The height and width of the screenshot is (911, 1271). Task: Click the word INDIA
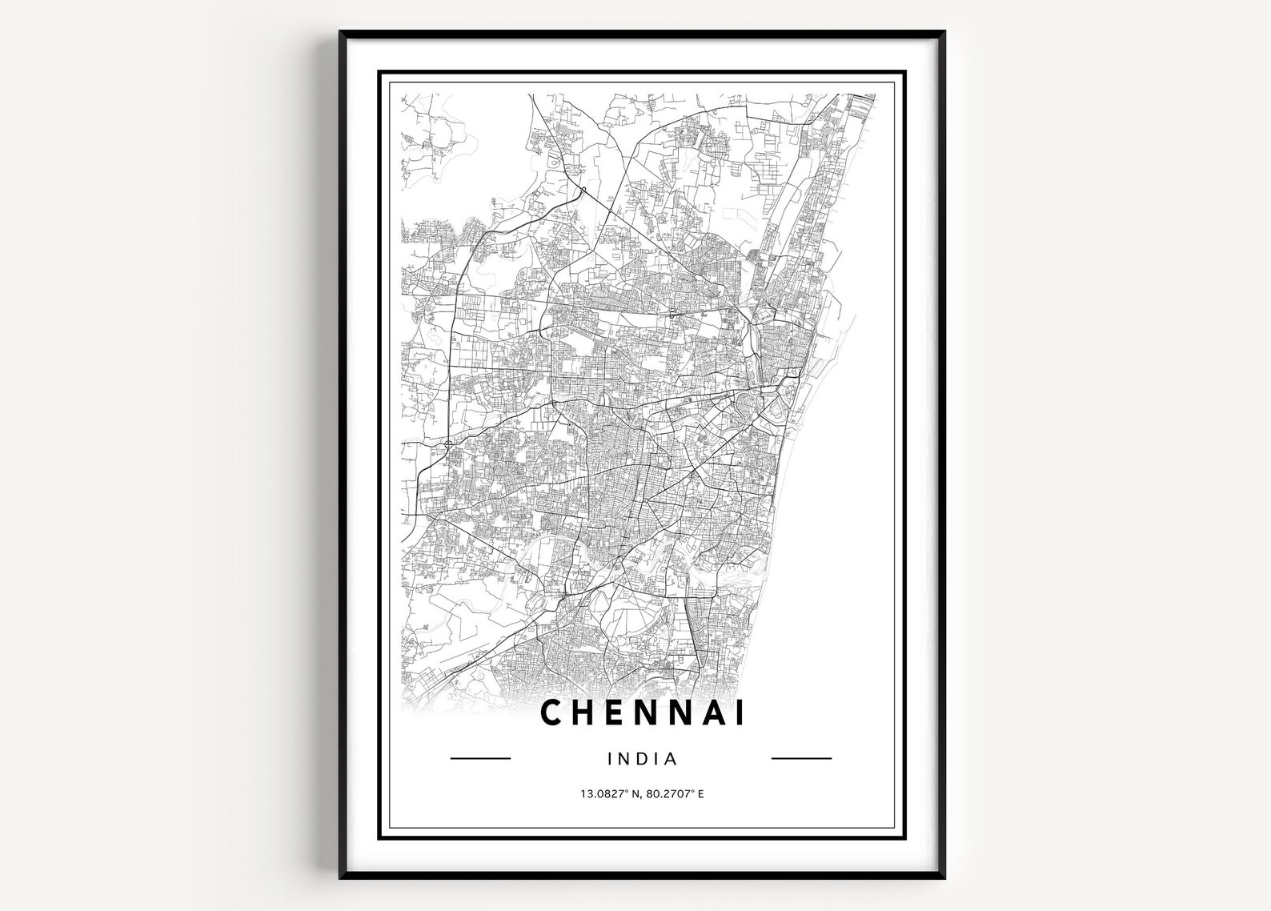[x=643, y=757]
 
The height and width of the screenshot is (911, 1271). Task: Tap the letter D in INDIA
[x=641, y=757]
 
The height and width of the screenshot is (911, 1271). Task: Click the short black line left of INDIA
[x=481, y=757]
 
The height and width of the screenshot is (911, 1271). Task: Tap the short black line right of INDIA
[x=801, y=757]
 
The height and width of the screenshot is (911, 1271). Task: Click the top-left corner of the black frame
[x=340, y=32]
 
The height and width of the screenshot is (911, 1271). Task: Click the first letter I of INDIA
[x=611, y=757]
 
